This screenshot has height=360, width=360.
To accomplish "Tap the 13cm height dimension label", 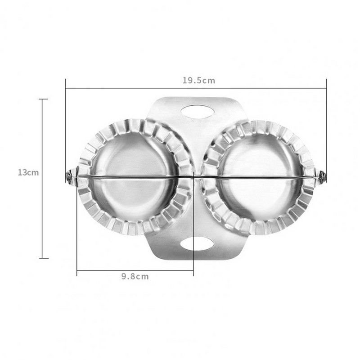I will (28, 172).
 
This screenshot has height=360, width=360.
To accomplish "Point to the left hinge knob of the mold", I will (70, 176).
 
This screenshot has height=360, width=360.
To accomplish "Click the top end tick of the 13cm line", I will (43, 99).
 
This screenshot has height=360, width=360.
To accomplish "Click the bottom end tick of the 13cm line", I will (43, 258).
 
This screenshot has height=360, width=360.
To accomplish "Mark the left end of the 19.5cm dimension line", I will (66, 88).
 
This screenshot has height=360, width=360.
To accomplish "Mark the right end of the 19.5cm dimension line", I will (326, 88).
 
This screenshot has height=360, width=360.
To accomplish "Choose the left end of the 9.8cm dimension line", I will (77, 270).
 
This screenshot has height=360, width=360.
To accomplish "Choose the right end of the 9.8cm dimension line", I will (193, 270).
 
